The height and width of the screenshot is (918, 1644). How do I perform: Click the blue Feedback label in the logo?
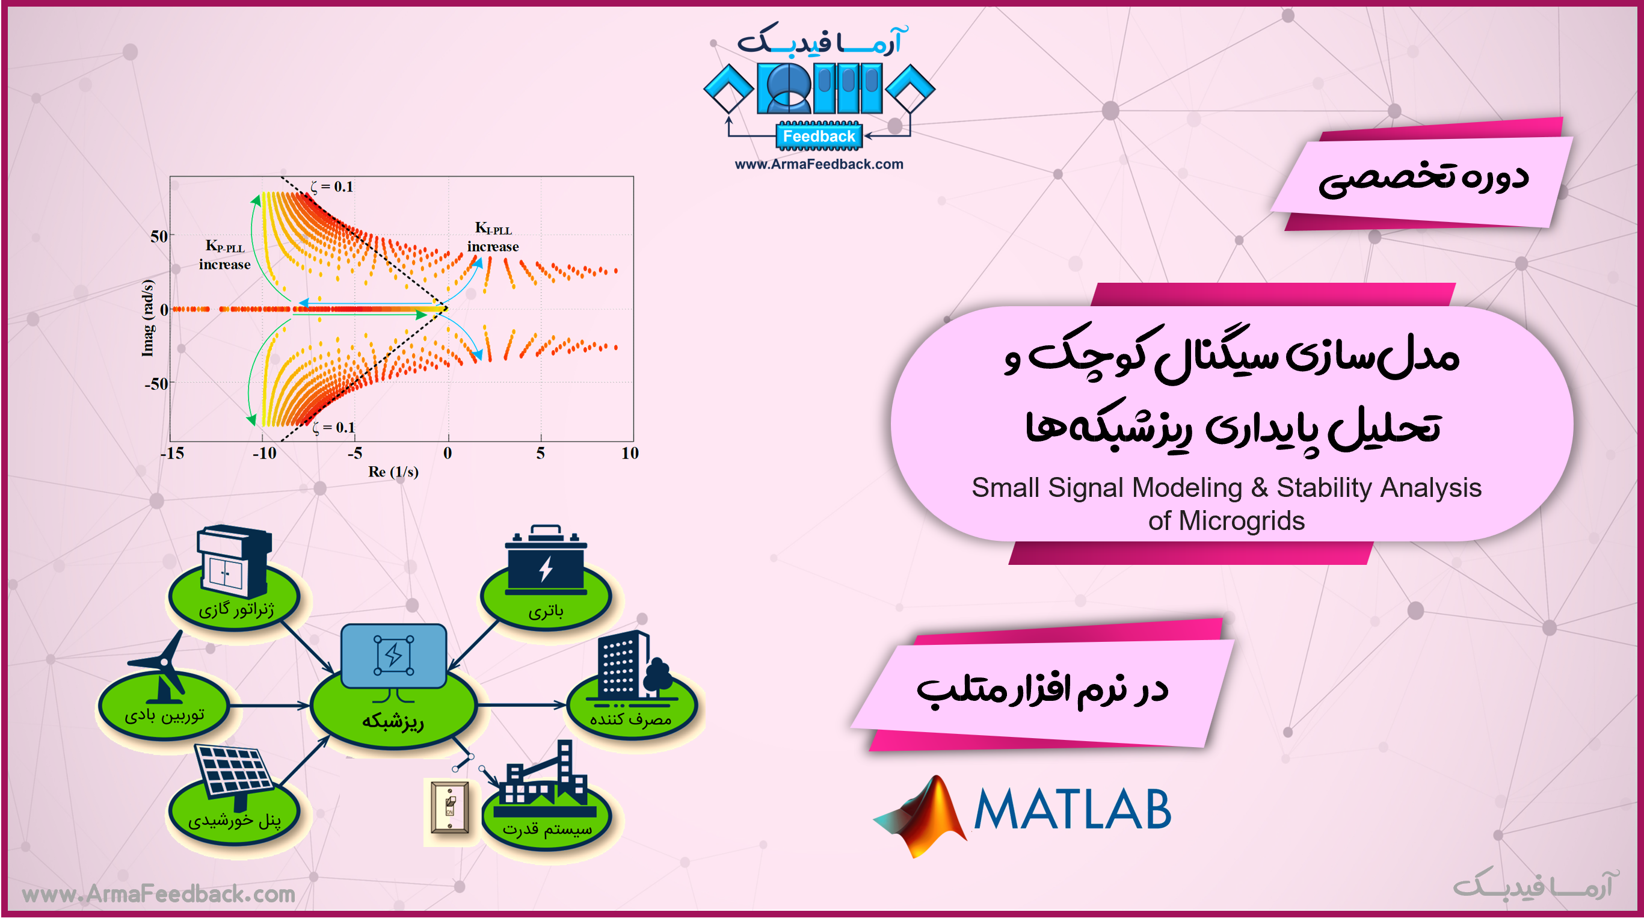click(x=819, y=136)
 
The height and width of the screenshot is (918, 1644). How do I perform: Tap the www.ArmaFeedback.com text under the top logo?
click(x=819, y=164)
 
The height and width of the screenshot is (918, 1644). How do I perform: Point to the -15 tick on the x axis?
click(x=171, y=453)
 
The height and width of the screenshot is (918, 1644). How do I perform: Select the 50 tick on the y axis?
click(x=159, y=236)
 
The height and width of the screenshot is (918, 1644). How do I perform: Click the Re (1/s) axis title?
click(x=393, y=472)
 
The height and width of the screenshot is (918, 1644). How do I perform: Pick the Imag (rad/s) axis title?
click(x=147, y=317)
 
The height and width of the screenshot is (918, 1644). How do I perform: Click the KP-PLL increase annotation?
click(x=224, y=254)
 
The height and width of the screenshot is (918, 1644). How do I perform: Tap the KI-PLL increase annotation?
click(x=493, y=237)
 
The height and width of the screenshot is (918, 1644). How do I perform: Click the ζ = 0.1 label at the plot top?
click(x=332, y=186)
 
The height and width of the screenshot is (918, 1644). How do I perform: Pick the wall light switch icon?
click(x=450, y=807)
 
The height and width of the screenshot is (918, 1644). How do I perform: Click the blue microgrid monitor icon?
click(x=394, y=661)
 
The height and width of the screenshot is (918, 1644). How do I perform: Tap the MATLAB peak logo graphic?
click(x=920, y=816)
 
